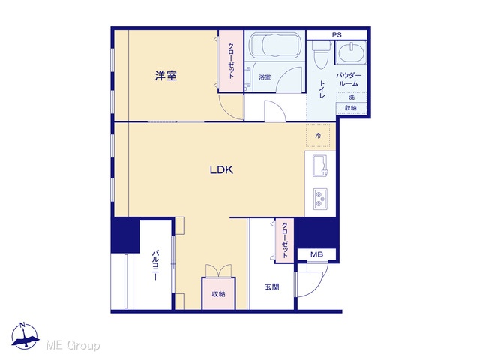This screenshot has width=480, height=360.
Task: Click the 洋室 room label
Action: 166,76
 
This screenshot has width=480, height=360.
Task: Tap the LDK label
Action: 222,170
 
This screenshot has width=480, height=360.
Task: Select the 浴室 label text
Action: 265,77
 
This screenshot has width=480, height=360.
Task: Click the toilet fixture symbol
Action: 321,55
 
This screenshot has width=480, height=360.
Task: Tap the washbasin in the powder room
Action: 352,52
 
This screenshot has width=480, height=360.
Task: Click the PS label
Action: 337,35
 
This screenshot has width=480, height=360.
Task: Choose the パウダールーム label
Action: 349,79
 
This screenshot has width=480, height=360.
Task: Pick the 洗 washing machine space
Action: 352,97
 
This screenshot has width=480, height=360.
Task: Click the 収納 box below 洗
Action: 351,108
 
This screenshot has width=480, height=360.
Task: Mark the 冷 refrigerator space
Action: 318,135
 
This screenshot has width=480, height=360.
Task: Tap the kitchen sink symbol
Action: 320,166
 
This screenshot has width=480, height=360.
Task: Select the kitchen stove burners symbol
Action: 320,199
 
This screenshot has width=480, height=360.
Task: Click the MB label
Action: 316,254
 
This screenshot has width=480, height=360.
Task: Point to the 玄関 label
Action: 271,286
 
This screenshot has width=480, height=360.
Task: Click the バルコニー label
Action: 156,265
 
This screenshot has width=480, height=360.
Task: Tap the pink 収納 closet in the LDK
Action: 218,293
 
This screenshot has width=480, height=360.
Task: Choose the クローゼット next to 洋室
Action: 231,61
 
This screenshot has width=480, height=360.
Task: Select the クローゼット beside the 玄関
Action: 285,240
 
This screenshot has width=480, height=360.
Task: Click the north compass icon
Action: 25,336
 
